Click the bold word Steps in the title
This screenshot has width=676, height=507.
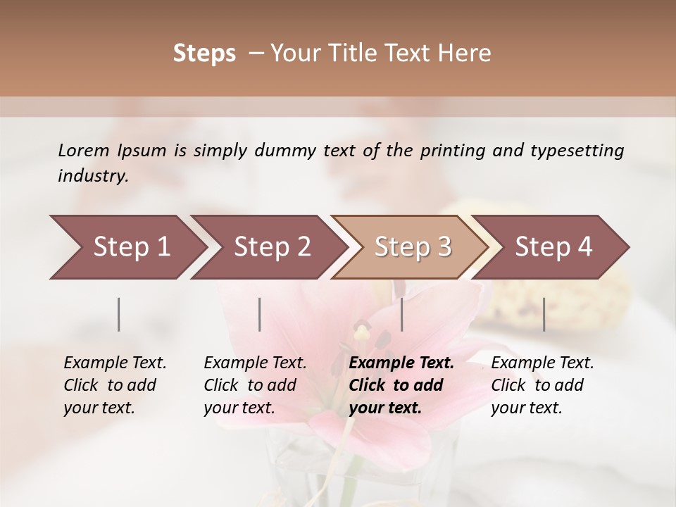[204, 54]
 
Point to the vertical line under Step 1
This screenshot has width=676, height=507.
[119, 314]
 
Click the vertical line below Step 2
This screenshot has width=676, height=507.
[260, 314]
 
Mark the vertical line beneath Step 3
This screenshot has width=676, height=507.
[401, 314]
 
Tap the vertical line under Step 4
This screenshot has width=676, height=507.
[544, 314]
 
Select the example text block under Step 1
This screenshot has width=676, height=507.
[115, 385]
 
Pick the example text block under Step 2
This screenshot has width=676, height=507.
[255, 385]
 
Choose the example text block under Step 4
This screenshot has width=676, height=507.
[542, 385]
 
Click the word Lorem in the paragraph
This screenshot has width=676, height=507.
[83, 150]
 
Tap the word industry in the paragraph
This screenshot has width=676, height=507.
[92, 176]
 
